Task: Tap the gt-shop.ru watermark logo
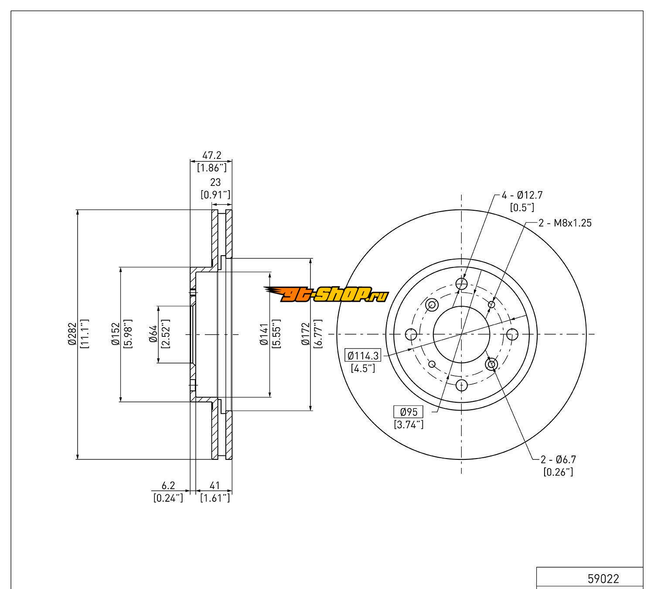[x=326, y=294]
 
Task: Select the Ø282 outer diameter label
[x=72, y=334]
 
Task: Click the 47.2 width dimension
[x=211, y=155]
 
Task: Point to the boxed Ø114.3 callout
[x=363, y=355]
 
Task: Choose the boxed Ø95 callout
[x=409, y=412]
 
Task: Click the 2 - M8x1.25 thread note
[x=565, y=223]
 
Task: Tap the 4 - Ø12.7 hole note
[x=522, y=195]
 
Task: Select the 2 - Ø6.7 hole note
[x=558, y=459]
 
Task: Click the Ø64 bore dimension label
[x=153, y=334]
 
